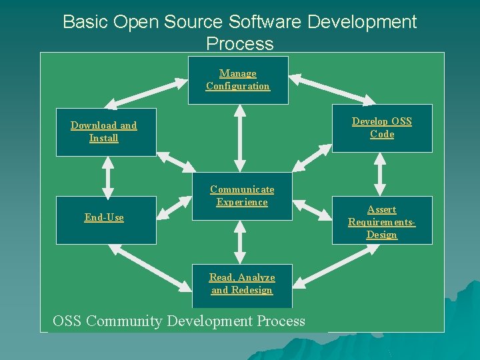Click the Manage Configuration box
(238, 80)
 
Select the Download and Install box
(106, 132)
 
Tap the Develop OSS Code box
(382, 128)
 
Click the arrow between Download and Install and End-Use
(106, 176)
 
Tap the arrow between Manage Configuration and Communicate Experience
(240, 139)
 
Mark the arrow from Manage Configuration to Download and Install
(147, 93)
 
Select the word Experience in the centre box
(242, 203)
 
